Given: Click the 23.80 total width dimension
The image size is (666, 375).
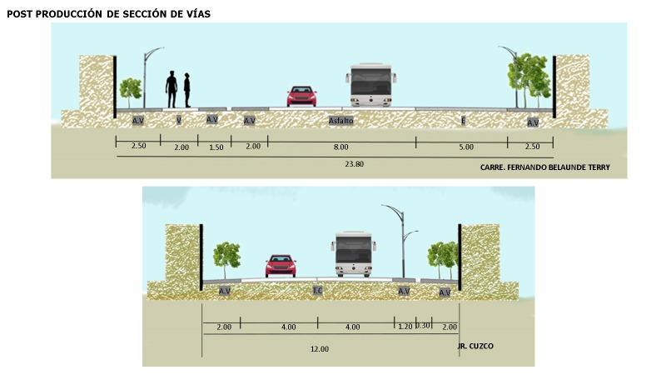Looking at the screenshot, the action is coord(354,164).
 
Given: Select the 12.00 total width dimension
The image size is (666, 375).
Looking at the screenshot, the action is coord(320,348).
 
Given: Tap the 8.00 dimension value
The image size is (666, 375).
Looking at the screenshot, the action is coord(341,147).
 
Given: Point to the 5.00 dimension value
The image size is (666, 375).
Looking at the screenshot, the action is coord(466,147).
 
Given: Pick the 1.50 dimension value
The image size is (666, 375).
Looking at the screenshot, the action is coord(216,147).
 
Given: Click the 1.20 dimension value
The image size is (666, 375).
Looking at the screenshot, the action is coord(405,327).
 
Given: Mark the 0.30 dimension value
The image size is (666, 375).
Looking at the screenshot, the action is coord(423,326).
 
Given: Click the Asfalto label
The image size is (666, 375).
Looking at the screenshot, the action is coord(341,121).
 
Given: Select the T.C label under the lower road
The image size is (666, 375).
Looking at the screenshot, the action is coord(317,291).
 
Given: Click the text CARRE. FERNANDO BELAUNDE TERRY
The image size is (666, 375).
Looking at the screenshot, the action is coord(545,167).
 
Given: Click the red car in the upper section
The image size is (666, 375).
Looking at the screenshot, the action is coord(301,96).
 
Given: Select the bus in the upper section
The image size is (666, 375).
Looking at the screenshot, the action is coord(370,86).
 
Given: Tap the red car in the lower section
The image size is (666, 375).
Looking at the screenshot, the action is coord(281,265).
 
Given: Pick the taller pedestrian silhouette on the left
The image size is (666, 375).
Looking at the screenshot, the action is coord(171,89).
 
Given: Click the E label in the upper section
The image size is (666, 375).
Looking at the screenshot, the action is coord(463,122).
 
